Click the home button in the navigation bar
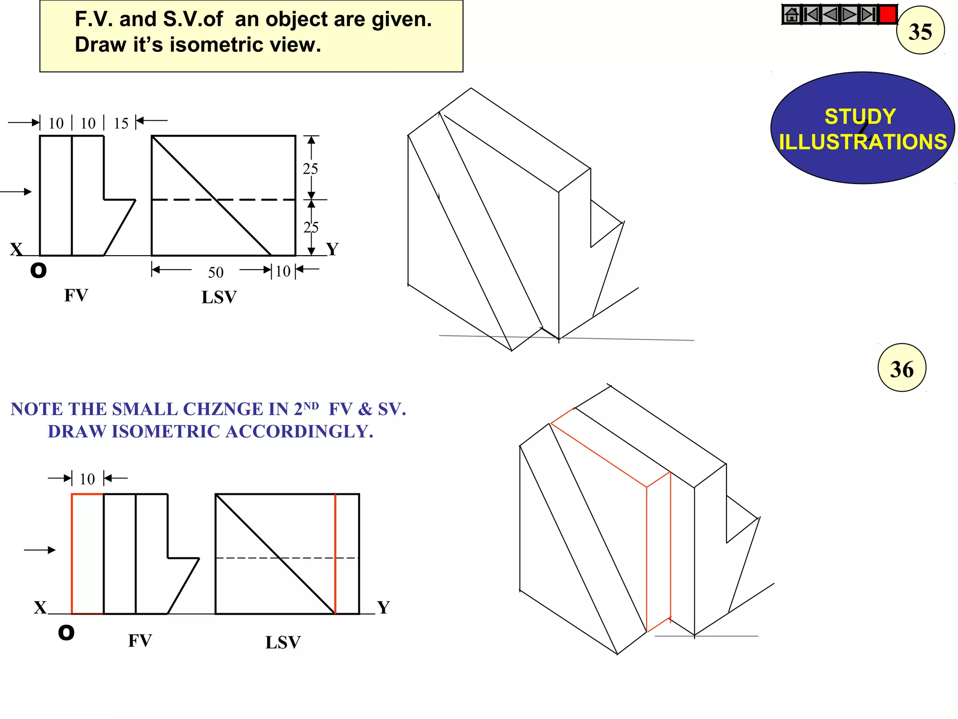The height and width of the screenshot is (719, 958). click(791, 15)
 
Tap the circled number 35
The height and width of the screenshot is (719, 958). click(920, 31)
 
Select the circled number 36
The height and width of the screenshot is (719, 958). click(901, 368)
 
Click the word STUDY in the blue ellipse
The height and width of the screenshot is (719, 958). click(860, 117)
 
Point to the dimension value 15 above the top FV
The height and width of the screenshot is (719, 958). click(121, 123)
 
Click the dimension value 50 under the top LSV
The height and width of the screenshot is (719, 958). click(216, 272)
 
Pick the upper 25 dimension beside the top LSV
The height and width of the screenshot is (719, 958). click(310, 169)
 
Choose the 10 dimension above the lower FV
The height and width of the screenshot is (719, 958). click(87, 479)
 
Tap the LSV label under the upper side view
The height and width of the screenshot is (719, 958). click(219, 297)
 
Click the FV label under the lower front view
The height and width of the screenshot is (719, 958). click(140, 640)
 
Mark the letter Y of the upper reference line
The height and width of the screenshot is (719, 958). click(332, 249)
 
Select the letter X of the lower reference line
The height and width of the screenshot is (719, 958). click(40, 608)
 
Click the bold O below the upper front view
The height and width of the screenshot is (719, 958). click(38, 270)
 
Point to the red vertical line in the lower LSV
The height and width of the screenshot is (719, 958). click(335, 553)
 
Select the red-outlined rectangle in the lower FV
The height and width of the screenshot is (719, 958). click(87, 553)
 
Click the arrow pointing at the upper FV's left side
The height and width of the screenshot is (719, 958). click(16, 191)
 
